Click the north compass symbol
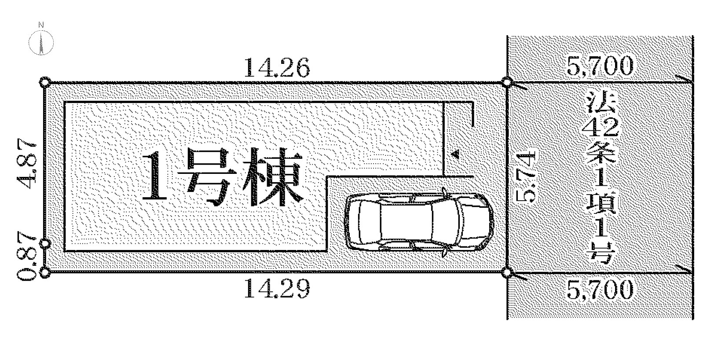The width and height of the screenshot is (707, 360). (x=41, y=42)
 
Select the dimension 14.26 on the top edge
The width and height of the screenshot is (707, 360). (x=276, y=68)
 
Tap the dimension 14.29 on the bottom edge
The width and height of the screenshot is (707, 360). (x=276, y=289)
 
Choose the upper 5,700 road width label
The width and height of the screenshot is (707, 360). (x=600, y=66)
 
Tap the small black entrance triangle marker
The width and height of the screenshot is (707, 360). (x=455, y=154)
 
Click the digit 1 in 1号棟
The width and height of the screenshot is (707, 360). (x=155, y=176)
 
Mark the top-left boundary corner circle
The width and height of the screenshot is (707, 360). (x=44, y=82)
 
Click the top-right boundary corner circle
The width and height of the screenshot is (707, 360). (x=506, y=82)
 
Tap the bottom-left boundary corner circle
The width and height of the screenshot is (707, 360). (x=44, y=273)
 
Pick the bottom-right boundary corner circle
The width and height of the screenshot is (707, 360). (x=506, y=273)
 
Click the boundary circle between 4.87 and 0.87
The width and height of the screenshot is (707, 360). (x=44, y=244)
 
